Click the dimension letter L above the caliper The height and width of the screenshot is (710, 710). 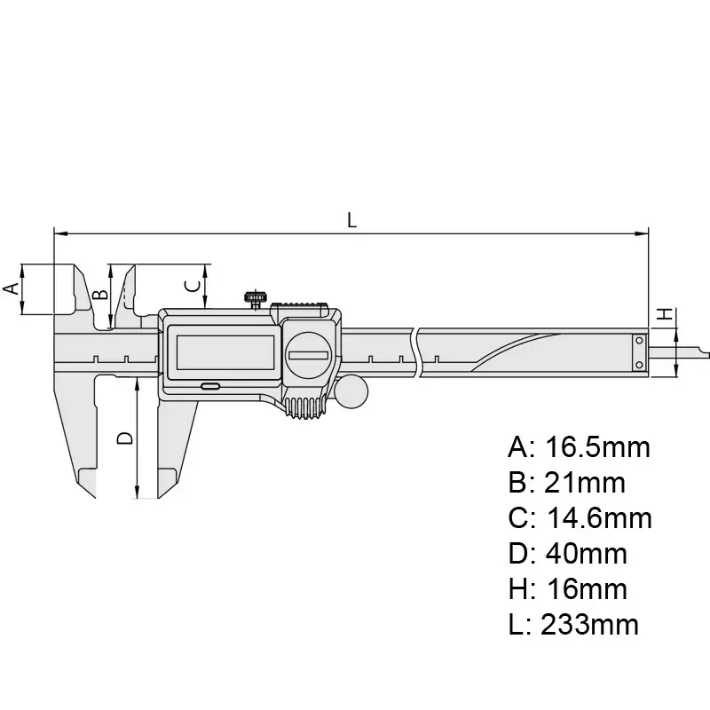(352, 221)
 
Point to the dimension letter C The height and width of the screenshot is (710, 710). (189, 285)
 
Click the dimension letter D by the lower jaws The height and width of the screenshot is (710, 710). (125, 438)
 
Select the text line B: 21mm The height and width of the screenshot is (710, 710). (566, 483)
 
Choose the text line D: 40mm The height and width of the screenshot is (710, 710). (567, 554)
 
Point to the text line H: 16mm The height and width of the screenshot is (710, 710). (567, 589)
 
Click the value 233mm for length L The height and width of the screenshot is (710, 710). (586, 625)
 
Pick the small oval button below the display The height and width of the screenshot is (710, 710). (211, 387)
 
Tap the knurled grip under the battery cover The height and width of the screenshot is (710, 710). (307, 408)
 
